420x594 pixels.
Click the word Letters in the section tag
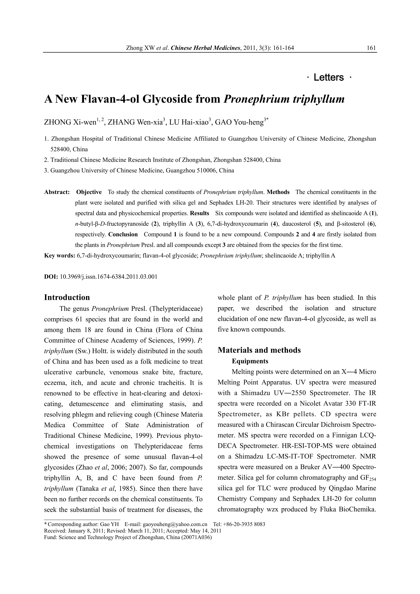coord(329,77)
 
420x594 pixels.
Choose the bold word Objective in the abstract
coord(89,192)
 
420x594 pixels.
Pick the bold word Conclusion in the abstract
coord(123,234)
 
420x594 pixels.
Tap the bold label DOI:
coord(51,277)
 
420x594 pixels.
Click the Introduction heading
coord(67,297)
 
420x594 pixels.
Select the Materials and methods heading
coord(259,350)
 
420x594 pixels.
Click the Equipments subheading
coord(250,361)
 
